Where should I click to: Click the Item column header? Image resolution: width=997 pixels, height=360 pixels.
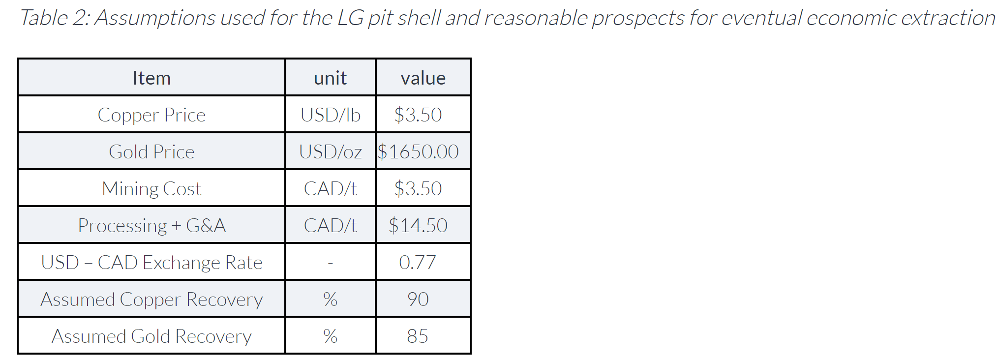pyautogui.click(x=151, y=78)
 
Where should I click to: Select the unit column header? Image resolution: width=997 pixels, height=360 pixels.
pyautogui.click(x=330, y=78)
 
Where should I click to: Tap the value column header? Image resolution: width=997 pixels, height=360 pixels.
pyautogui.click(x=423, y=78)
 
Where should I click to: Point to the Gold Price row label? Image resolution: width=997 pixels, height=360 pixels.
pyautogui.click(x=151, y=152)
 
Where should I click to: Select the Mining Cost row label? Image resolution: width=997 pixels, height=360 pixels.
pyautogui.click(x=151, y=189)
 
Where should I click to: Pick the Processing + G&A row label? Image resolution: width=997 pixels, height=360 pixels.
pyautogui.click(x=151, y=226)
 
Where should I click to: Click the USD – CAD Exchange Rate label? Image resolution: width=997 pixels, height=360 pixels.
pyautogui.click(x=151, y=263)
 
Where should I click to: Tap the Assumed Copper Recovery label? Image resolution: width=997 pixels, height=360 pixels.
pyautogui.click(x=151, y=300)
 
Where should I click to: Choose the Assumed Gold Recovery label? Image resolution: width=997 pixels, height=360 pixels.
pyautogui.click(x=151, y=336)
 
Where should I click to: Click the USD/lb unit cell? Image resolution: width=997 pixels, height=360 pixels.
pyautogui.click(x=331, y=115)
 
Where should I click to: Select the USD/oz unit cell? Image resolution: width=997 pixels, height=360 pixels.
pyautogui.click(x=331, y=152)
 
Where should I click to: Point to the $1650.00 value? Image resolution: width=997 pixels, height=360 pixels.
pyautogui.click(x=418, y=152)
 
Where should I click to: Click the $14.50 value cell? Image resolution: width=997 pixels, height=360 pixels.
pyautogui.click(x=418, y=226)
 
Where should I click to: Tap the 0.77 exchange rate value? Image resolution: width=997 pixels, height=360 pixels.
pyautogui.click(x=418, y=263)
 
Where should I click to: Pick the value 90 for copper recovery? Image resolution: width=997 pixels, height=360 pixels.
pyautogui.click(x=418, y=300)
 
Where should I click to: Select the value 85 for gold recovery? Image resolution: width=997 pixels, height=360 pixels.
pyautogui.click(x=418, y=336)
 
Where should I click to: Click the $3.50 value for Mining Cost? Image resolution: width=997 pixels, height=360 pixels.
pyautogui.click(x=418, y=189)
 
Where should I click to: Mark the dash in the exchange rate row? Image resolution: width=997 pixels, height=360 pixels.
pyautogui.click(x=331, y=264)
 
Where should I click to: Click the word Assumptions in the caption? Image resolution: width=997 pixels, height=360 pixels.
pyautogui.click(x=155, y=18)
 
